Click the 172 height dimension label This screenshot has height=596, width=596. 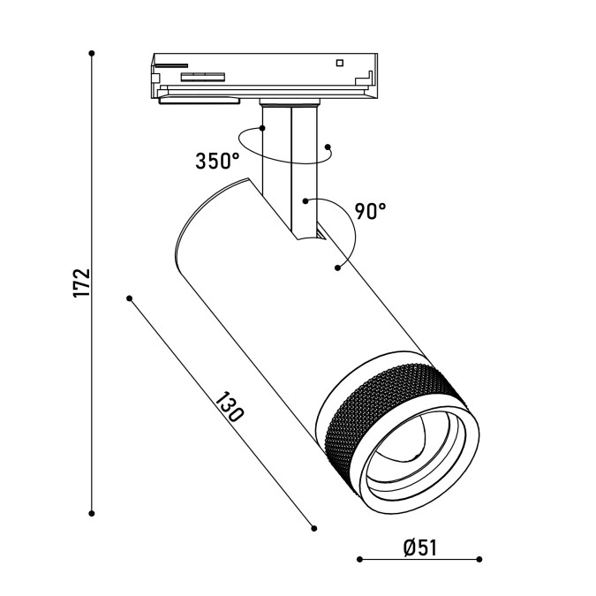point(82,283)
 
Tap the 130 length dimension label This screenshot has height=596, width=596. point(229,407)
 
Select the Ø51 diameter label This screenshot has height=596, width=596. point(420,547)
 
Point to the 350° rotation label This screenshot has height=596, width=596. point(217,161)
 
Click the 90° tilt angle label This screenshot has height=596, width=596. point(370,211)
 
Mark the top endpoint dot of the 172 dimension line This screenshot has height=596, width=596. point(92,53)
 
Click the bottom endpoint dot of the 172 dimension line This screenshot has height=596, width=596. point(92,514)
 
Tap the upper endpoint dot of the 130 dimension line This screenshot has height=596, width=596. point(129,298)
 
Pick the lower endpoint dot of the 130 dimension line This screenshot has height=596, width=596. point(314,528)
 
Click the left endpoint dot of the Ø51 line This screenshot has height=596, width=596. point(359,559)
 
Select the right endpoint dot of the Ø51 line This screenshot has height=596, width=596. point(479,559)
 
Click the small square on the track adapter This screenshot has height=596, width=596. point(340,63)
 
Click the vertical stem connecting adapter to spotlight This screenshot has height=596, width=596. point(290,171)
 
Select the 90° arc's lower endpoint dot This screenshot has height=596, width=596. point(337,268)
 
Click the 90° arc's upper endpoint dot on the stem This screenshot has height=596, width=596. point(306,201)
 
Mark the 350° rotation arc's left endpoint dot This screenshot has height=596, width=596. point(262,128)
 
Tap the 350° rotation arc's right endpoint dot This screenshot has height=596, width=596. point(328,147)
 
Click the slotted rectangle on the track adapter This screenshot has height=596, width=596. point(202,77)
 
